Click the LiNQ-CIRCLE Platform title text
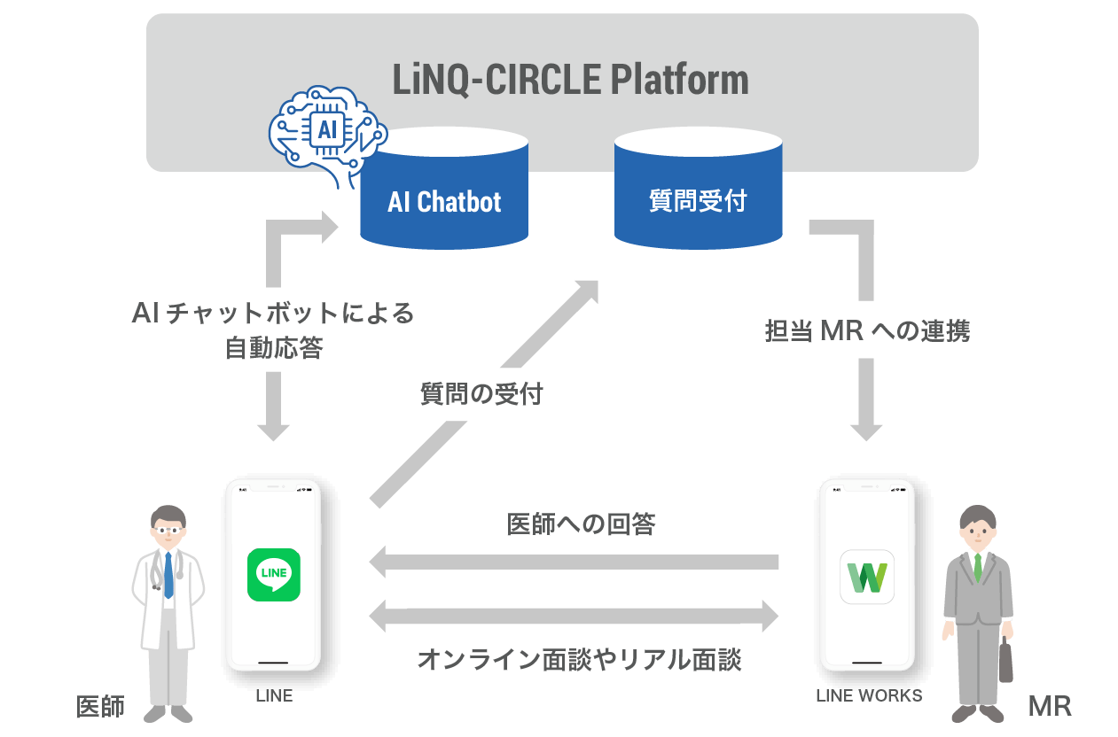pyautogui.click(x=570, y=80)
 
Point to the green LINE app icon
pyautogui.click(x=273, y=575)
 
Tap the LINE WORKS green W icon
pyautogui.click(x=866, y=577)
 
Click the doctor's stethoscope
pyautogui.click(x=166, y=571)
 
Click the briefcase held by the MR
pyautogui.click(x=1006, y=663)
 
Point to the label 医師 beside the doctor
pyautogui.click(x=100, y=706)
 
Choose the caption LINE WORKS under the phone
pyautogui.click(x=869, y=695)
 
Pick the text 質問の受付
pyautogui.click(x=481, y=394)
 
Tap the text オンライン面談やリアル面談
pyautogui.click(x=579, y=660)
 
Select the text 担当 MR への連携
pyautogui.click(x=867, y=331)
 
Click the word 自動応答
pyautogui.click(x=273, y=348)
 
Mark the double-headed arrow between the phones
pyautogui.click(x=574, y=615)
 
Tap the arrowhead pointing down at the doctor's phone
pyautogui.click(x=273, y=430)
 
